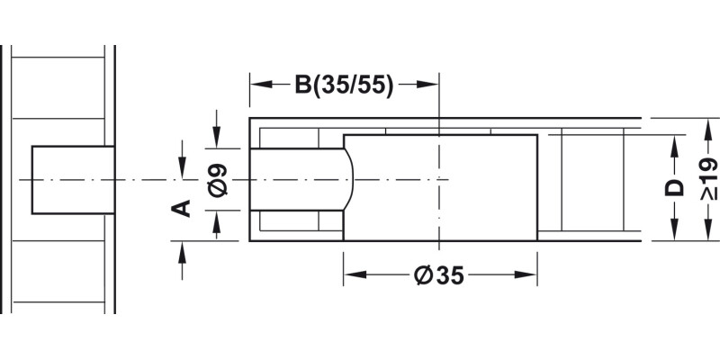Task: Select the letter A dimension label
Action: coord(182,208)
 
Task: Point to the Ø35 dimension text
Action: coord(440,276)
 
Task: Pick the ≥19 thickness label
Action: coord(707,180)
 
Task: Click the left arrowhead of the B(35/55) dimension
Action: coord(258,85)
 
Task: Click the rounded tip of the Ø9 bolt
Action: coord(351,179)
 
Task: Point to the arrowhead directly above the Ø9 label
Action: coord(216,140)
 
